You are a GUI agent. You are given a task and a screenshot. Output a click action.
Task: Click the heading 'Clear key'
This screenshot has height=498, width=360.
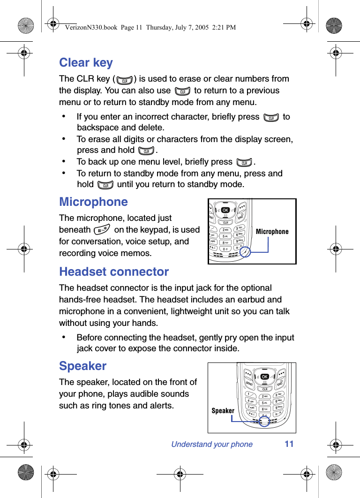86,63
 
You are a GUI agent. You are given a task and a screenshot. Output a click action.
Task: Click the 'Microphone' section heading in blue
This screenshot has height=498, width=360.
93,202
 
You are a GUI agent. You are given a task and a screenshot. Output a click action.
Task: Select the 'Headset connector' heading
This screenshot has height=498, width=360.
114,272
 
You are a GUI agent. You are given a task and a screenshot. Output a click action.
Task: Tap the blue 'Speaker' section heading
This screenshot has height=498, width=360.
82,366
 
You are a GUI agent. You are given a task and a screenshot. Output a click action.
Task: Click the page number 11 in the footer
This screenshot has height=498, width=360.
289,444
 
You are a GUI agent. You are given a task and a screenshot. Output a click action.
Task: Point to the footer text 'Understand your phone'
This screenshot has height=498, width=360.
212,445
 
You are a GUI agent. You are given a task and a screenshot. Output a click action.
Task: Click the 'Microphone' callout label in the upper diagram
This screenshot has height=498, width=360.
272,232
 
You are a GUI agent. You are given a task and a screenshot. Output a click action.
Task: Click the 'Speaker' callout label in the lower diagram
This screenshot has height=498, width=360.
223,411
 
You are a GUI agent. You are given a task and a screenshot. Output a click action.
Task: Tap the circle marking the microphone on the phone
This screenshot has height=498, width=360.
245,252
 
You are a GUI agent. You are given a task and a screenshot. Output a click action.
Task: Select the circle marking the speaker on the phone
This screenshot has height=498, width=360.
264,421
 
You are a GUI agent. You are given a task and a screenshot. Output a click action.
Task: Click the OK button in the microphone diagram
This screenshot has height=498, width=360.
225,210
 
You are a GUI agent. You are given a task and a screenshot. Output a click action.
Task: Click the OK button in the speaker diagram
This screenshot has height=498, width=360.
265,377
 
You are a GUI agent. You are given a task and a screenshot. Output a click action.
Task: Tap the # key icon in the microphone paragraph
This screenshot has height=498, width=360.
102,230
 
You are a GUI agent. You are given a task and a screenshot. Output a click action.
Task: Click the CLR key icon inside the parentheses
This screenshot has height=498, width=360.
125,80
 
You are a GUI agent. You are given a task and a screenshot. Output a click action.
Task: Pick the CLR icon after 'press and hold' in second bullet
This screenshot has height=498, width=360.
146,151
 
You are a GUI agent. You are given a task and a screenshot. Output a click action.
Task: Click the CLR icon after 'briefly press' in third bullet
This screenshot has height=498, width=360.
244,162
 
